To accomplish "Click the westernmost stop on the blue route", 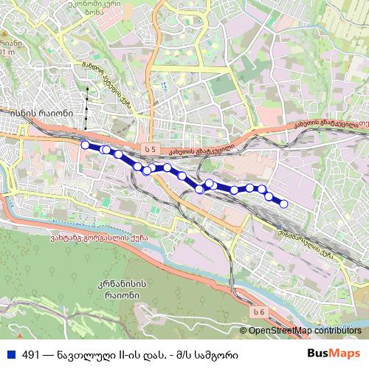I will (85, 145).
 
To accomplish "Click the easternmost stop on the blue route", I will (283, 204).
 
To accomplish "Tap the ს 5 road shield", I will (151, 149).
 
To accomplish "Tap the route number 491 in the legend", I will (32, 354).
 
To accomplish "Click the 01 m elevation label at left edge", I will (7, 52).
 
